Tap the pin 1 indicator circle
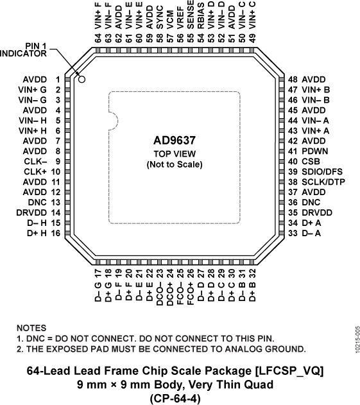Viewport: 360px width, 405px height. [x=82, y=78]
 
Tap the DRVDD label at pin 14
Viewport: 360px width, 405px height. [x=29, y=212]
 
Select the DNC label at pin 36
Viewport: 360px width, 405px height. [x=311, y=202]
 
